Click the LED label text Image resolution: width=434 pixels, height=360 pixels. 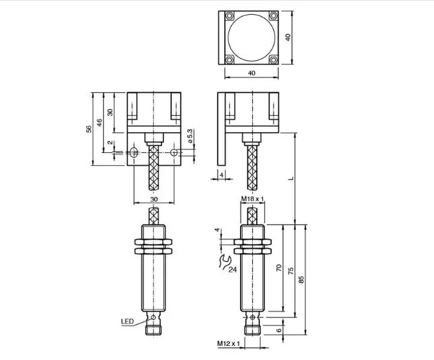[127, 322]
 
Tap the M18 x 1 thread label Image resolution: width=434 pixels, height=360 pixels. [253, 199]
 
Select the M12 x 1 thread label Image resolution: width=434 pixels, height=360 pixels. [228, 344]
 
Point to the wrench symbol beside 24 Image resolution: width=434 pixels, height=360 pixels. [225, 262]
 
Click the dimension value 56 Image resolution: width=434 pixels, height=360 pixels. [88, 129]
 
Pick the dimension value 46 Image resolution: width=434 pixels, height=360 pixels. [99, 123]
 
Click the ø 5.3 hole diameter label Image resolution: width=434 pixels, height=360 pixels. [190, 136]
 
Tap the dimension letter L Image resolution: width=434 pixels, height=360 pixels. [290, 178]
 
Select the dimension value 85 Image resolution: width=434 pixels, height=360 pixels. [301, 279]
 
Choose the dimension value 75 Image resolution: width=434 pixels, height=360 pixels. [290, 271]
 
